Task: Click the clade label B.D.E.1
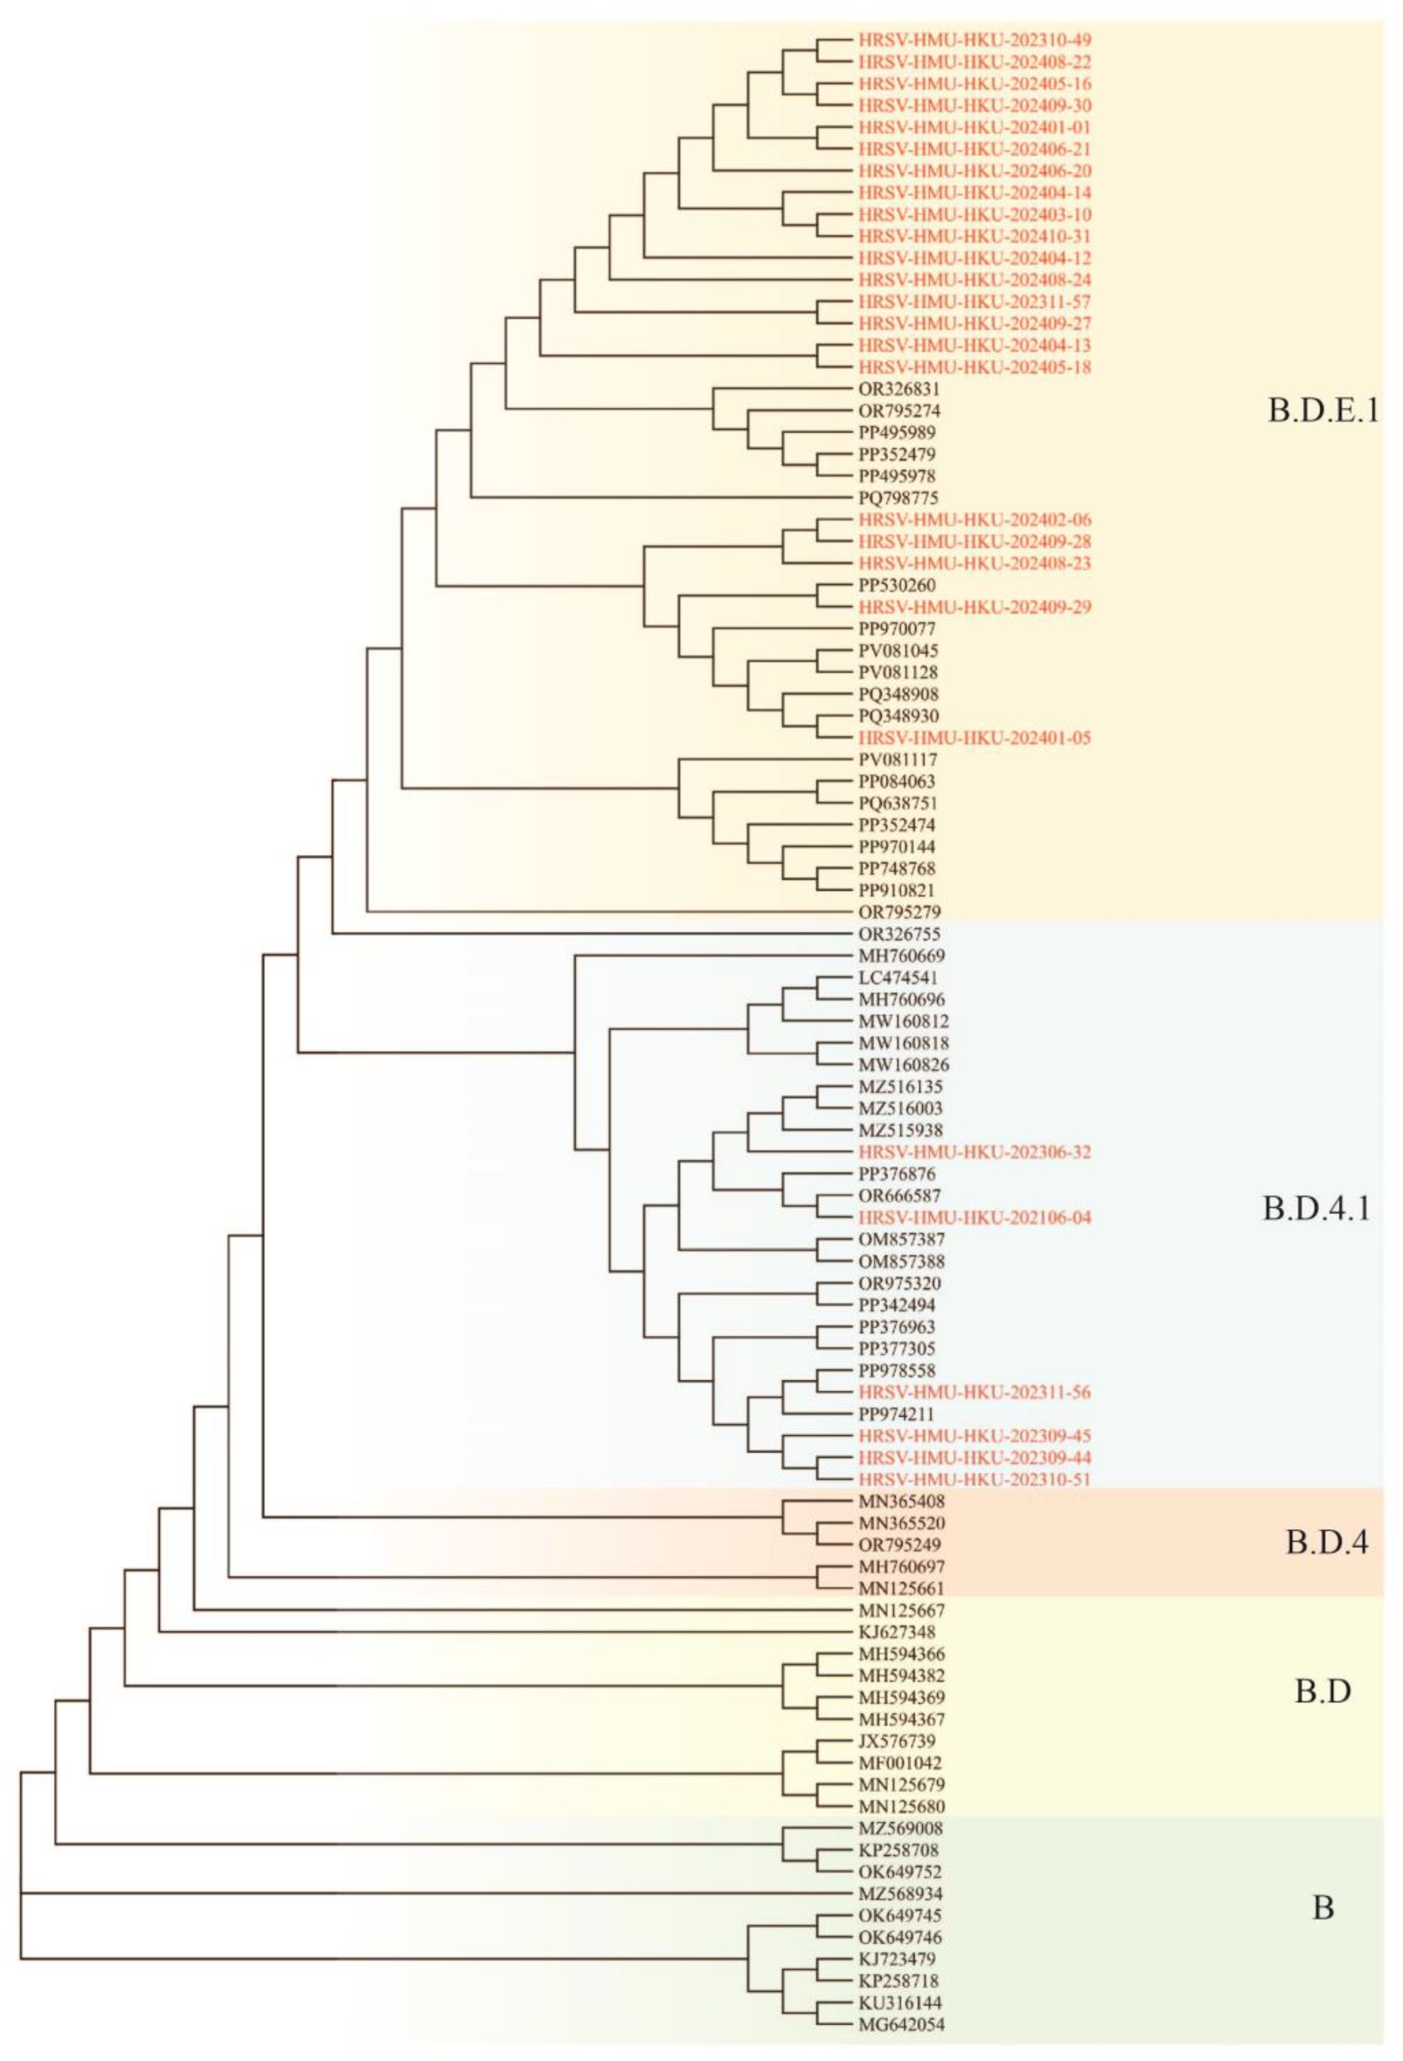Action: (x=1321, y=411)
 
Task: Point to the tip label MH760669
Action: (x=901, y=956)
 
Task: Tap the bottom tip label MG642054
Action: (x=901, y=2024)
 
